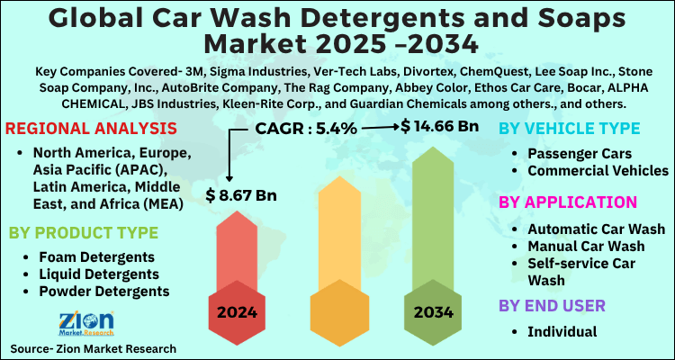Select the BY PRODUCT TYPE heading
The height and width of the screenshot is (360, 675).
click(84, 232)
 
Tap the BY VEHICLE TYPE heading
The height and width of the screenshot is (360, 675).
click(577, 130)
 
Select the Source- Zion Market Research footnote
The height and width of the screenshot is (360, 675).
click(93, 348)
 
